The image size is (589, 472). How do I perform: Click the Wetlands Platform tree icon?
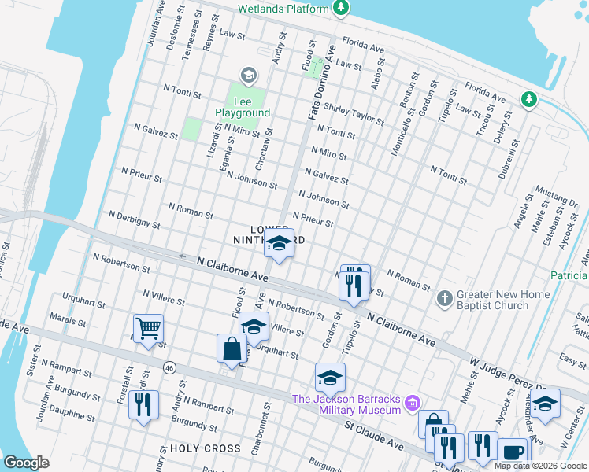pyautogui.click(x=340, y=9)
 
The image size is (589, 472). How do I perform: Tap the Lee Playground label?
pyautogui.click(x=243, y=106)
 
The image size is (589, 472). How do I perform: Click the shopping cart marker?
pyautogui.click(x=148, y=329)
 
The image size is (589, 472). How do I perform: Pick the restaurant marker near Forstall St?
pyautogui.click(x=143, y=405)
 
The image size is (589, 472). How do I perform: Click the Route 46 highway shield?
pyautogui.click(x=169, y=367)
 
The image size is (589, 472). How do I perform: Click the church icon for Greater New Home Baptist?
pyautogui.click(x=445, y=299)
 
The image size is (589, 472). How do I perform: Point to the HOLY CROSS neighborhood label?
pyautogui.click(x=206, y=448)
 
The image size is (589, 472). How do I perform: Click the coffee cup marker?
pyautogui.click(x=513, y=452)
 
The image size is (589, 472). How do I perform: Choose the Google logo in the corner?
pyautogui.click(x=27, y=463)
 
